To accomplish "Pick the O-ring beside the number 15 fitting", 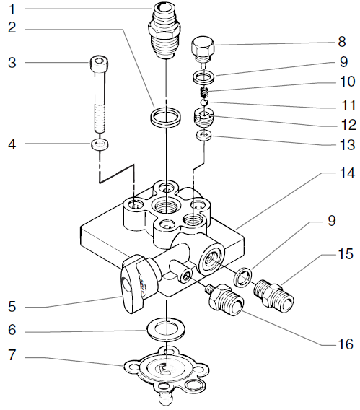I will click(x=246, y=275).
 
